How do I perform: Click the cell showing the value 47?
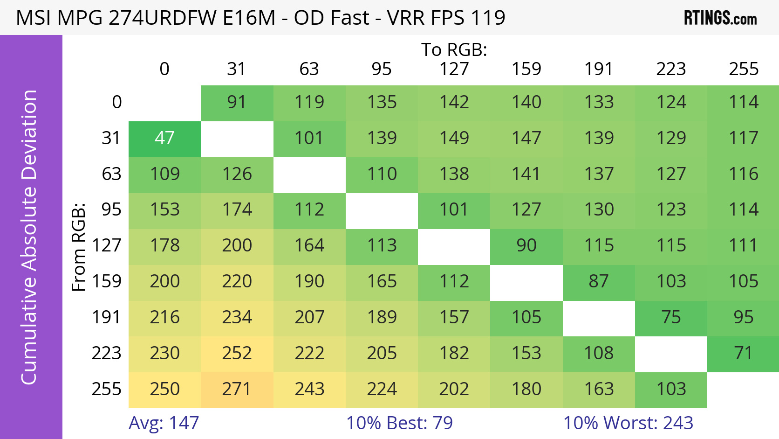[x=164, y=139]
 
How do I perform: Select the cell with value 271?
[x=237, y=389]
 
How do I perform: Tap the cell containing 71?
[x=743, y=353]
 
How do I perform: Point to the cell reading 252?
[x=237, y=353]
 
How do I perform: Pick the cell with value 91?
[x=237, y=103]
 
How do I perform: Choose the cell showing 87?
[x=599, y=282]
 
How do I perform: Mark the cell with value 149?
[x=454, y=139]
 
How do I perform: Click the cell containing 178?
[x=164, y=246]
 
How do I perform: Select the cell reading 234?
[x=237, y=318]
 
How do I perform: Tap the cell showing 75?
[x=671, y=318]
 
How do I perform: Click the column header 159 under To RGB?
[x=526, y=69]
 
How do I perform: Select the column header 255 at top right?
[x=744, y=69]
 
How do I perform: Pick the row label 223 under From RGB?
[x=106, y=353]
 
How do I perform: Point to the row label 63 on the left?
[x=111, y=174]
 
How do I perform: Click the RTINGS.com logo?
[x=720, y=18]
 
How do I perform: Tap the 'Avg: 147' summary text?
[x=164, y=423]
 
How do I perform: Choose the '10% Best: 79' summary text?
[x=399, y=423]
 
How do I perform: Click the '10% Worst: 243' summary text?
[x=628, y=423]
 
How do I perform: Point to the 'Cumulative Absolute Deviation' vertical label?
[x=29, y=237]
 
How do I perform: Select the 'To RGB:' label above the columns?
[x=454, y=50]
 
